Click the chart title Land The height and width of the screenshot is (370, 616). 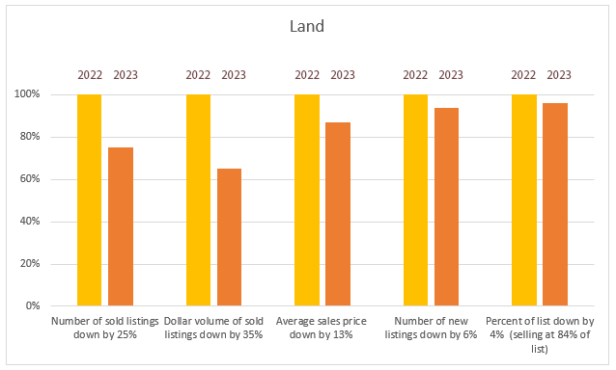click(x=307, y=26)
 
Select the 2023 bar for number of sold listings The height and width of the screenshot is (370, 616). click(x=121, y=226)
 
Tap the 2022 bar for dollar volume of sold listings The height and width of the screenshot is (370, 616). click(x=198, y=199)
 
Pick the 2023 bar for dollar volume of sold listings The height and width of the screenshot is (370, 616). click(x=230, y=237)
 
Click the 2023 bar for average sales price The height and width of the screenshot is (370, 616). click(x=338, y=214)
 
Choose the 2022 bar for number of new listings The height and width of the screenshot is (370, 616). click(x=415, y=199)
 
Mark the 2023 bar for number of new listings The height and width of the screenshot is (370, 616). click(x=446, y=206)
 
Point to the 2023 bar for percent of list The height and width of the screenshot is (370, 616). click(x=555, y=204)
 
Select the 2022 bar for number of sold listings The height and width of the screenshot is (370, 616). click(x=89, y=199)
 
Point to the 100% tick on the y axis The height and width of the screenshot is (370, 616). click(x=27, y=94)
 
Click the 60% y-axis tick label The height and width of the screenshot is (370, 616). click(x=30, y=178)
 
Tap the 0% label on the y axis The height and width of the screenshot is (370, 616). click(x=33, y=305)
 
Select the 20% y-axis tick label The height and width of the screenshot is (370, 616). click(x=30, y=263)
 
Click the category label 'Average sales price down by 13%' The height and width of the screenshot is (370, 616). click(x=321, y=328)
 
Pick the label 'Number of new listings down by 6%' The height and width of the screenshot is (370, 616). click(x=431, y=328)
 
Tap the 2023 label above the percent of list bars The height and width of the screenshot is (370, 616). click(x=559, y=75)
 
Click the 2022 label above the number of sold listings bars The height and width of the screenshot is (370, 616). click(x=90, y=75)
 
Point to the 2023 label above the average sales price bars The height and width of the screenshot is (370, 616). click(x=343, y=75)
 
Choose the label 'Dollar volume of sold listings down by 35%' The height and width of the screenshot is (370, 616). click(x=213, y=328)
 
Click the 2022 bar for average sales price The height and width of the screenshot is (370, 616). click(x=307, y=199)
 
